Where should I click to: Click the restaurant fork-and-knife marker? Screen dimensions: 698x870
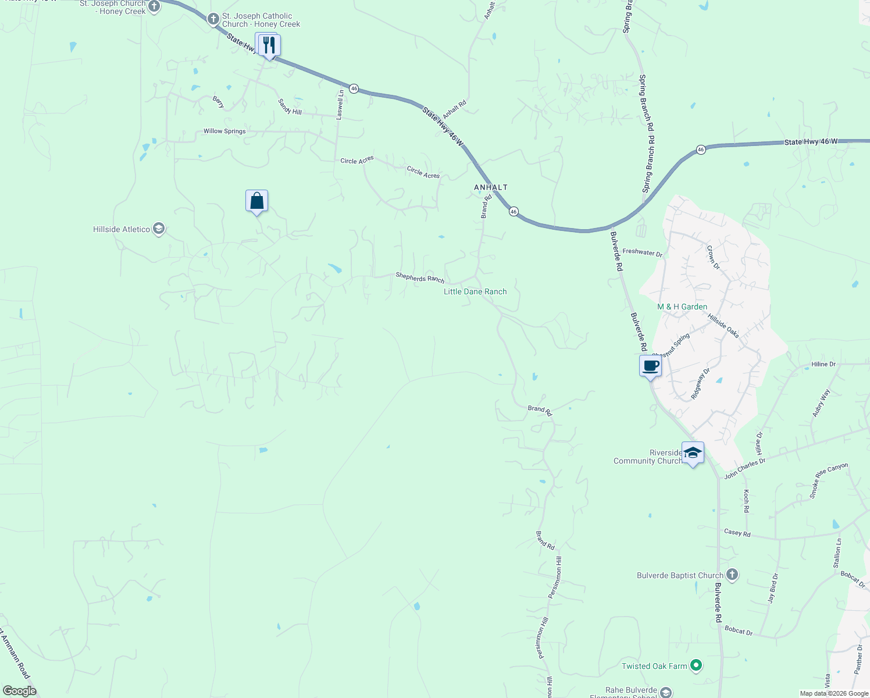[268, 45]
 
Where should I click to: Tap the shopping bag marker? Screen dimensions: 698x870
[256, 201]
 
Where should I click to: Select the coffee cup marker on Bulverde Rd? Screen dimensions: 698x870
[650, 366]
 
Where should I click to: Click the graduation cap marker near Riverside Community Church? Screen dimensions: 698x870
[693, 453]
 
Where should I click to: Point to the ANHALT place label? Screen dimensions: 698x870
[491, 187]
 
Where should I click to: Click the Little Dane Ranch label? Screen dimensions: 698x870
[475, 291]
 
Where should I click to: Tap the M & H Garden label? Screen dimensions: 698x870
[682, 307]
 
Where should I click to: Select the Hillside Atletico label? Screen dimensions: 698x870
[122, 229]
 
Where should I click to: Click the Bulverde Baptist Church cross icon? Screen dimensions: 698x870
[732, 575]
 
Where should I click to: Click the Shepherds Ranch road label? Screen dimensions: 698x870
[420, 277]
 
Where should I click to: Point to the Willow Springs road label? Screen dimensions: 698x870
[224, 131]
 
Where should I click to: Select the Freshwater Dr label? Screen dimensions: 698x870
[642, 252]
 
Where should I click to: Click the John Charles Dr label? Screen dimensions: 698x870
[745, 468]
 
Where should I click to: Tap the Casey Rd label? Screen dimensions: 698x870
[737, 533]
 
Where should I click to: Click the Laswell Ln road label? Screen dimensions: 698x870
[340, 105]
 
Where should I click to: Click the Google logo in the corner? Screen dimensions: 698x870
[19, 691]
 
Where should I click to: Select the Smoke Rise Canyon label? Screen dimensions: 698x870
[829, 480]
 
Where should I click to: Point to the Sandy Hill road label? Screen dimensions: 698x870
[290, 107]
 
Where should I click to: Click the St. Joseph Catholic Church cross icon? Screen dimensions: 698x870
[213, 20]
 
